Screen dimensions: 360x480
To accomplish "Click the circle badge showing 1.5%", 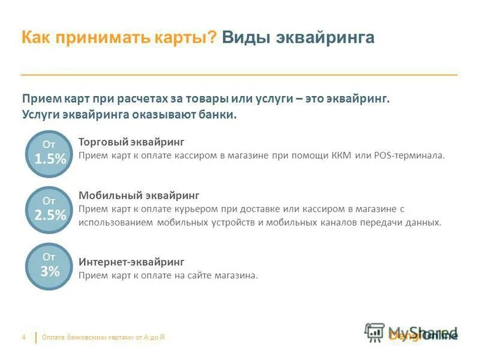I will coord(50,154).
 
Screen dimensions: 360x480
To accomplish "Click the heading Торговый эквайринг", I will coord(131,142).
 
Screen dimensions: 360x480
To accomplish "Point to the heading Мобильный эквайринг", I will coord(139,196).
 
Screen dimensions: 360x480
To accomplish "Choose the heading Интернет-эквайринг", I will coord(131,262).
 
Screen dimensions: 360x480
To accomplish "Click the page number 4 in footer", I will coord(23,338).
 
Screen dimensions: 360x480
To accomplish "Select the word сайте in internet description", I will coord(202,275).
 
